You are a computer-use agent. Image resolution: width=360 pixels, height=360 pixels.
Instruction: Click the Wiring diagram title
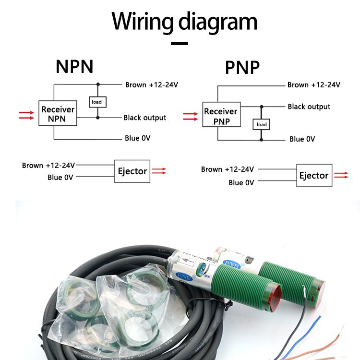click(x=185, y=22)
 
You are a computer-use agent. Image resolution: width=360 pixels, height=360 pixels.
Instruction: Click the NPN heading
click(x=74, y=66)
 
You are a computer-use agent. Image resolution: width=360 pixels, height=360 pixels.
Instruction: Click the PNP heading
click(x=242, y=68)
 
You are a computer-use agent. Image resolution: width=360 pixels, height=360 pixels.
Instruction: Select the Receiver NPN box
click(x=58, y=113)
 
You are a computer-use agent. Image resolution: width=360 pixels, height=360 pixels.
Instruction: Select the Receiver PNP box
click(x=221, y=116)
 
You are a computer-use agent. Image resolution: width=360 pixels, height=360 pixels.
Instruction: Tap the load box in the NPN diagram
click(x=97, y=102)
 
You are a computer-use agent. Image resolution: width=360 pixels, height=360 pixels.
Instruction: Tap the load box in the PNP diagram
click(x=262, y=124)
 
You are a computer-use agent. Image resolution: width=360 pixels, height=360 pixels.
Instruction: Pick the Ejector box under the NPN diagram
click(x=132, y=171)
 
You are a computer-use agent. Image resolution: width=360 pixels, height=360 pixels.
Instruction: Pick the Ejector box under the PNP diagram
click(x=313, y=175)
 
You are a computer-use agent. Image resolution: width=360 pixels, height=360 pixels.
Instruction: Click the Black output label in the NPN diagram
click(x=144, y=118)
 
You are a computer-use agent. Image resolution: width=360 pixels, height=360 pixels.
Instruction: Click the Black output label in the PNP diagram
click(x=309, y=107)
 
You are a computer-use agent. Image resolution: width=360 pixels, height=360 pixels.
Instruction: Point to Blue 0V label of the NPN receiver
click(x=138, y=138)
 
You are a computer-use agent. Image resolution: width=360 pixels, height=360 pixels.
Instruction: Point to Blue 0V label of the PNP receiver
click(x=302, y=139)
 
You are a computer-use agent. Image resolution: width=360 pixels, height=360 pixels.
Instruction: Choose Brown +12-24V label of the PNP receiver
click(x=313, y=85)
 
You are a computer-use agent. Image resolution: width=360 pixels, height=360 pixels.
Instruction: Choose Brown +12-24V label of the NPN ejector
click(x=48, y=165)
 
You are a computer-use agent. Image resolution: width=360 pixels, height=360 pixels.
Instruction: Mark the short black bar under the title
click(x=180, y=43)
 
